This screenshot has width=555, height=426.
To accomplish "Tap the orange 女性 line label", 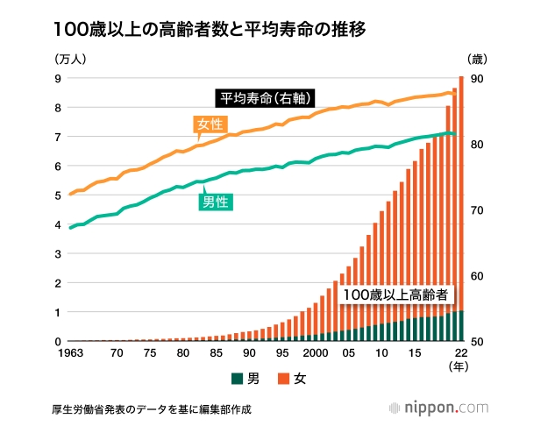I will point(209,124).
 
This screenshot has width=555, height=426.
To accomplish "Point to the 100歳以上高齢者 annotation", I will point(395,295).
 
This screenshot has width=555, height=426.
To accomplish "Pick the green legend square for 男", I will point(237,379).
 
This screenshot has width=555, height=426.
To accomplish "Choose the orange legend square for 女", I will point(282,379).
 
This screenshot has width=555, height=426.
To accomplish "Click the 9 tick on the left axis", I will point(58,78).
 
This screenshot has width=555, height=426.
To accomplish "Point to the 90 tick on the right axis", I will point(479,78).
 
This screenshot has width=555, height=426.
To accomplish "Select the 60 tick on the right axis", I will point(479,276).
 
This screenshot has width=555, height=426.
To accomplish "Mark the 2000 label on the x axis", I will point(316,353).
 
